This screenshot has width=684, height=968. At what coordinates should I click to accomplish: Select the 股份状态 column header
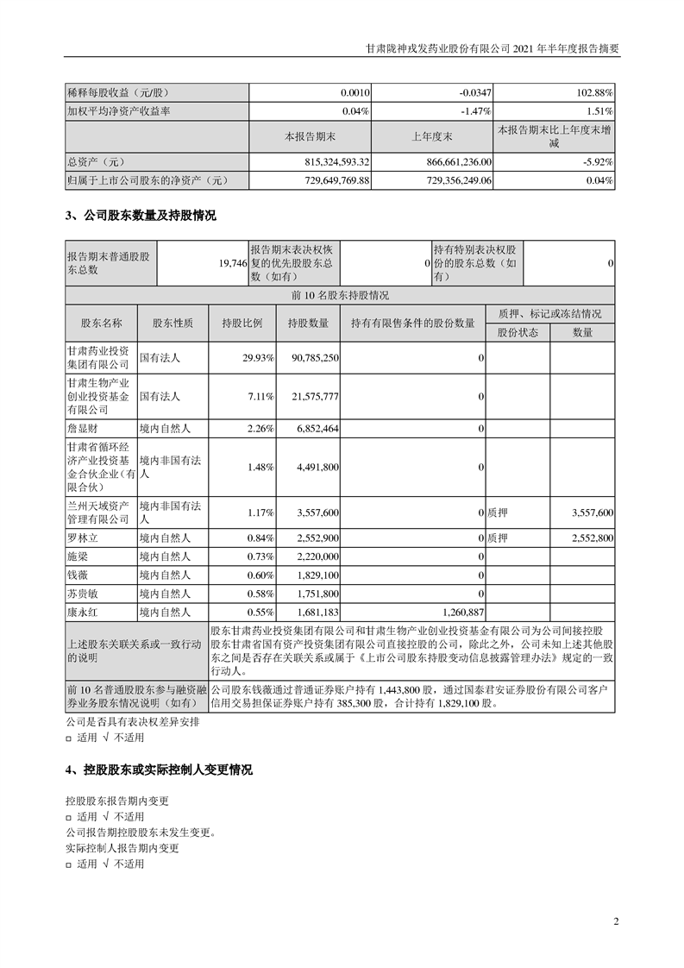[518, 333]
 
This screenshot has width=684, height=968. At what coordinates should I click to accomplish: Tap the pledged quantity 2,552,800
[593, 538]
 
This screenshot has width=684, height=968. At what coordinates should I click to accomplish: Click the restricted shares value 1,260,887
[454, 611]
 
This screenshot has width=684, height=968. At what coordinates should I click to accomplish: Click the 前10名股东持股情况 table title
[341, 296]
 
